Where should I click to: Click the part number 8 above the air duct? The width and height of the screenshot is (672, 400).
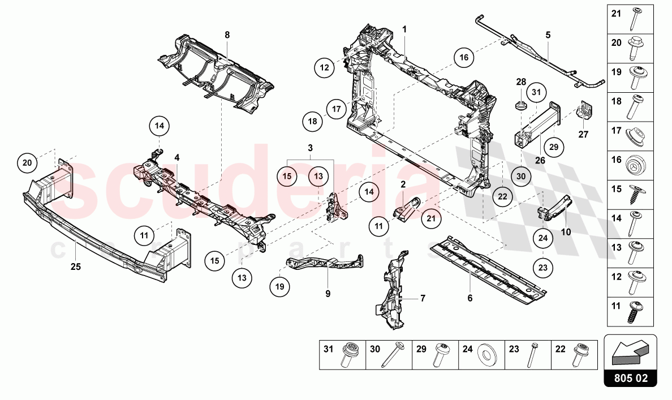tap(227, 35)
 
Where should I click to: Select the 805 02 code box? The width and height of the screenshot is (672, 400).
tap(630, 377)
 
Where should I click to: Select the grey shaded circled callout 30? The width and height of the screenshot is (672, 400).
tap(521, 176)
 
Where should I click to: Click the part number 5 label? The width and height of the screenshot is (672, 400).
tap(548, 35)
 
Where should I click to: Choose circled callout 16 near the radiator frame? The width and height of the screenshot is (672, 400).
tap(463, 57)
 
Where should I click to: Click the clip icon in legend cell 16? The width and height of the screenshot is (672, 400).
tap(633, 165)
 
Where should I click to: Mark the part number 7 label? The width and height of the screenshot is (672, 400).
tap(422, 298)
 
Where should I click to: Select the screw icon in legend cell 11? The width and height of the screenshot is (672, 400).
tap(633, 310)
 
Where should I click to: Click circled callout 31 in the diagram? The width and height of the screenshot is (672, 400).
tap(537, 92)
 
